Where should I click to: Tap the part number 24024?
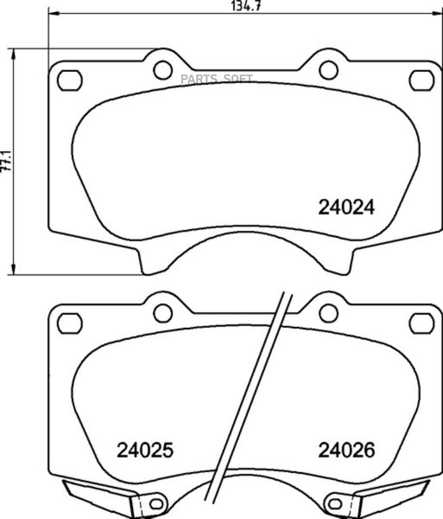click(x=347, y=208)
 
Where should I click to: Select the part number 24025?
click(x=145, y=450)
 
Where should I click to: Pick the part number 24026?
click(x=347, y=450)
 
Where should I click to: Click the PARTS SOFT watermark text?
click(x=217, y=79)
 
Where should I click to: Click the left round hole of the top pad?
click(x=163, y=70)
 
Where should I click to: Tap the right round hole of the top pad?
click(x=329, y=70)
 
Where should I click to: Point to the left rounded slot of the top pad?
click(x=70, y=80)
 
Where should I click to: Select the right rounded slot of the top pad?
click(x=422, y=80)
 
